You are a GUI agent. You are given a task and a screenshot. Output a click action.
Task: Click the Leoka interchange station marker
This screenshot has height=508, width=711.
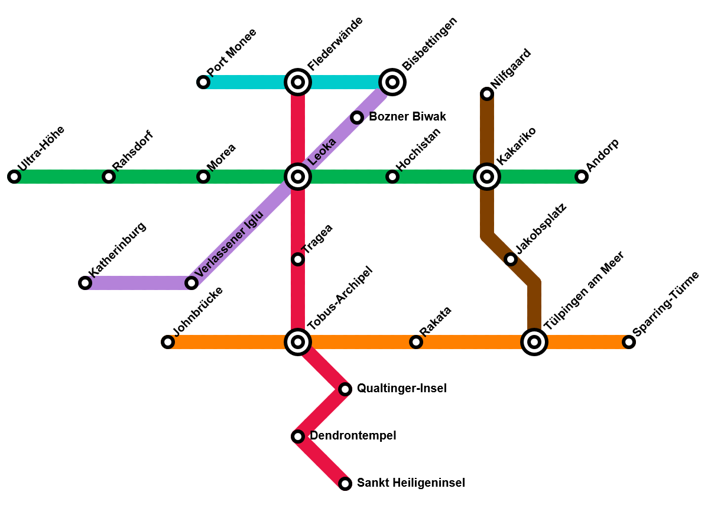tap(298, 177)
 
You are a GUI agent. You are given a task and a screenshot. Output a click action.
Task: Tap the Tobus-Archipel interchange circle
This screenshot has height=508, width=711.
tap(298, 342)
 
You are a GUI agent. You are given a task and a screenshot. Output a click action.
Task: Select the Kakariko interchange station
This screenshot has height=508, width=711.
tap(487, 177)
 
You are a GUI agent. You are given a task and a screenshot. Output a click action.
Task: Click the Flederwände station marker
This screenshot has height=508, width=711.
tap(298, 82)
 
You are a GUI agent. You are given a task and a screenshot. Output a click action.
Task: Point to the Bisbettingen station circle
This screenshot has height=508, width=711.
tap(392, 82)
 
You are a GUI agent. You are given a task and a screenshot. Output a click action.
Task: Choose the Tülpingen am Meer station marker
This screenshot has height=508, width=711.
tap(534, 342)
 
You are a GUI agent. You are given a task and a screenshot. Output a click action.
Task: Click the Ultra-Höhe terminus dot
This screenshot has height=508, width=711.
tap(14, 177)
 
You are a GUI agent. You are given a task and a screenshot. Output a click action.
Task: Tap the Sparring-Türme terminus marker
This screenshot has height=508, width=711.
tap(629, 342)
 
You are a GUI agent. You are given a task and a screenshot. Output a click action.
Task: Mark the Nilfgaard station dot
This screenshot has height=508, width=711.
tap(487, 94)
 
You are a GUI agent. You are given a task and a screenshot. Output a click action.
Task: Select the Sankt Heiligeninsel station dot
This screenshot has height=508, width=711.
tap(345, 484)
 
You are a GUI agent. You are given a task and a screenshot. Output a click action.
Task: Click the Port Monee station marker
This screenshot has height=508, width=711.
tap(203, 82)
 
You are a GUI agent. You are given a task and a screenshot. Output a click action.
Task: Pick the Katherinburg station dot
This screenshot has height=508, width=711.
tap(85, 283)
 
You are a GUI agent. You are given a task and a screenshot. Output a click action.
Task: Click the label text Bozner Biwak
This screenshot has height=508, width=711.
tap(407, 117)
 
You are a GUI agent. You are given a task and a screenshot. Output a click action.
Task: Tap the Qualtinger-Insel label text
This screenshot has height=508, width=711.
tap(401, 389)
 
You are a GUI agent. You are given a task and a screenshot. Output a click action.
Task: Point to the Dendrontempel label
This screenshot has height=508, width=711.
tap(353, 436)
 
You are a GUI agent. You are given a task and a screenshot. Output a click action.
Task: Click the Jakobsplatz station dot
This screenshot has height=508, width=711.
tap(511, 259)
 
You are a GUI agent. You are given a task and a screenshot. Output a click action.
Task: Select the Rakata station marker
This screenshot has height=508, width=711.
tap(416, 342)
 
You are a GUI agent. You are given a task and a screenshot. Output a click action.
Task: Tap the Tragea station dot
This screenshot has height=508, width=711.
tap(298, 259)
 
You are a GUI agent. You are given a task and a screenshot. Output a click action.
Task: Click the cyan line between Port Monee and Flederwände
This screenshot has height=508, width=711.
tap(248, 82)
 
